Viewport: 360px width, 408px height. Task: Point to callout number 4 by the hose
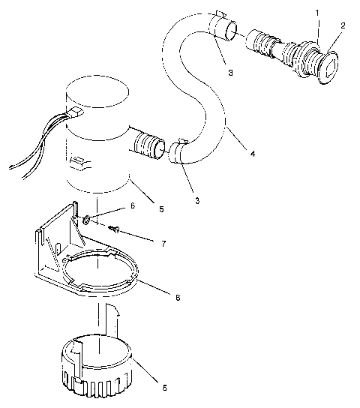(x=253, y=153)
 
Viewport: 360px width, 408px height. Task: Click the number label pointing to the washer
(x=132, y=205)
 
